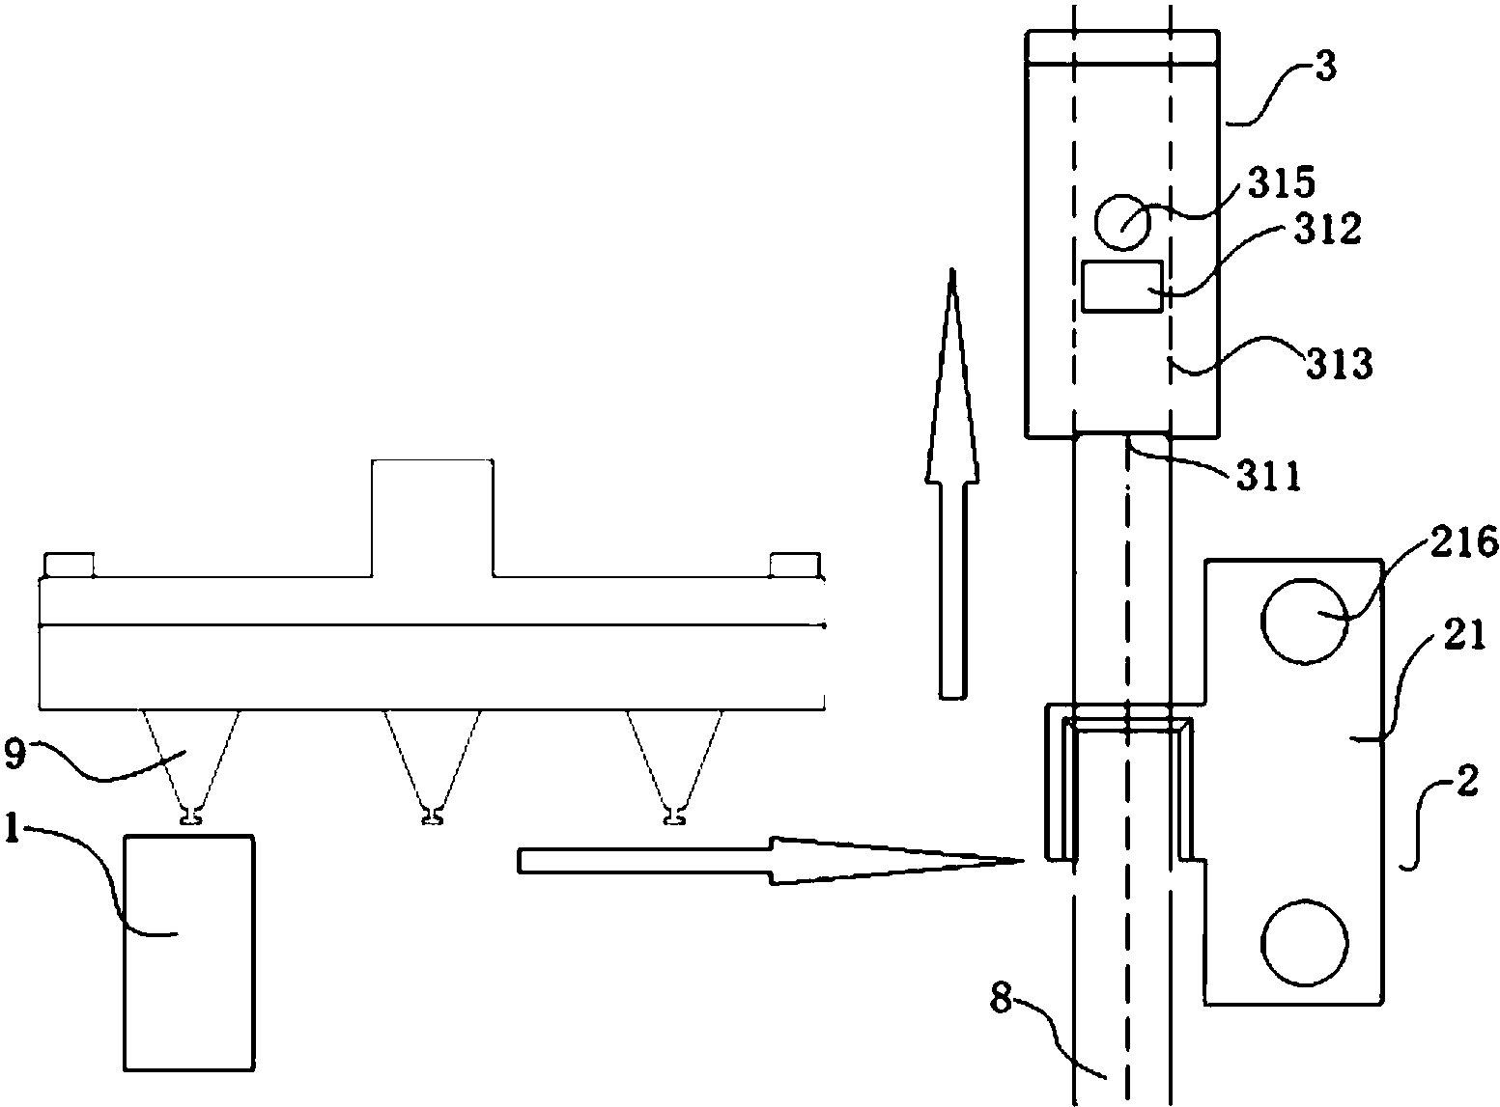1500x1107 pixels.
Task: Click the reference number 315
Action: click(x=1281, y=183)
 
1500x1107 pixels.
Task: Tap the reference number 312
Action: click(x=1327, y=229)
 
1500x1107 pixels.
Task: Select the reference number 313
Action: click(x=1339, y=364)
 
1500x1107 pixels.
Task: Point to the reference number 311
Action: click(x=1269, y=477)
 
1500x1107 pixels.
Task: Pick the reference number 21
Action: click(x=1464, y=635)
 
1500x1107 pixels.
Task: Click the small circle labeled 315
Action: click(x=1122, y=222)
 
